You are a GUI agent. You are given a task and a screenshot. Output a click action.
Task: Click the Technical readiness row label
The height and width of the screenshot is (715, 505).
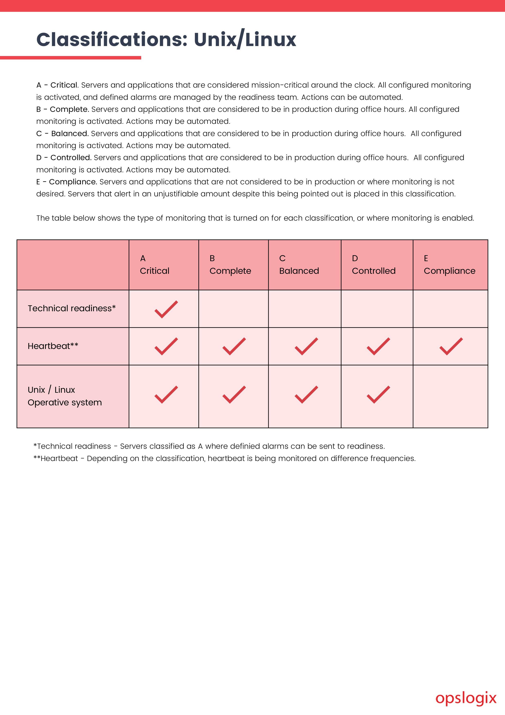[x=72, y=308]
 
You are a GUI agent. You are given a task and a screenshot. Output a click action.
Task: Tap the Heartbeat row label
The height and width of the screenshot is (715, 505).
[x=53, y=346]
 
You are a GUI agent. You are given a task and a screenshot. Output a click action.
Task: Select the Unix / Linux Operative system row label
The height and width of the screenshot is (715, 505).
[x=65, y=396]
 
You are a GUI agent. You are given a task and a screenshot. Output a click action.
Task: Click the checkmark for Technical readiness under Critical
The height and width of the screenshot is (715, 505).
[x=166, y=309]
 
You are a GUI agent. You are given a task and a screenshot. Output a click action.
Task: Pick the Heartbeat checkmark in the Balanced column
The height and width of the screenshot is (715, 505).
[x=306, y=346]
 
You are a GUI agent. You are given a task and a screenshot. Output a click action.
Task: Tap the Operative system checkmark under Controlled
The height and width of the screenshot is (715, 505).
[x=378, y=395]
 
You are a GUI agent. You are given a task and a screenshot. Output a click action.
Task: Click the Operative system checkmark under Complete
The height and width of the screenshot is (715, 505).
[x=234, y=395]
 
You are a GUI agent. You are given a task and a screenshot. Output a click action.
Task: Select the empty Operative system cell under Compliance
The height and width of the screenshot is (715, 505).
[x=450, y=396]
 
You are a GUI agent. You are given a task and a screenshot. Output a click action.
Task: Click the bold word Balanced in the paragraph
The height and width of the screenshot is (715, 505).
[x=70, y=134]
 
